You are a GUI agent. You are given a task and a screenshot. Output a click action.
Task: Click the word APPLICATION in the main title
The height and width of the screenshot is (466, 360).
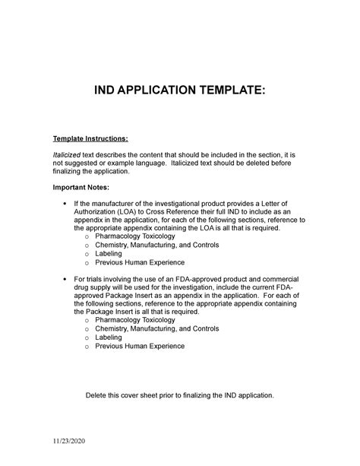pos(163,92)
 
